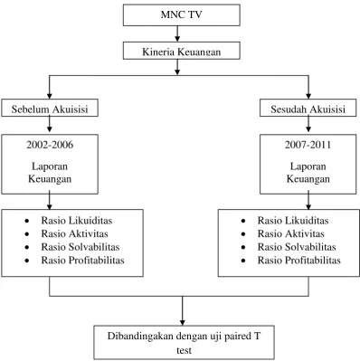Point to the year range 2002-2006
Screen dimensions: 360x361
click(50, 145)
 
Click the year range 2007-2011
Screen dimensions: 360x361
click(308, 145)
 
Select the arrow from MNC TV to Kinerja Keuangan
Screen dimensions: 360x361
click(177, 33)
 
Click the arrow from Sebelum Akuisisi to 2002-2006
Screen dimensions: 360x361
click(50, 124)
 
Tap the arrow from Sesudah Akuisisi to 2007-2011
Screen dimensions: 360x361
click(308, 124)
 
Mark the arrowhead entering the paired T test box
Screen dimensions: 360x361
click(182, 322)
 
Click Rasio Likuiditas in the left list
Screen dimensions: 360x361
click(77, 221)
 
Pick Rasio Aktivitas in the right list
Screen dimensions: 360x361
click(291, 233)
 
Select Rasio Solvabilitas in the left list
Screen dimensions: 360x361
click(81, 247)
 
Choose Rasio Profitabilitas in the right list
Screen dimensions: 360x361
click(299, 261)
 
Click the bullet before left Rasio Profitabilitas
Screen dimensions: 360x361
click(27, 261)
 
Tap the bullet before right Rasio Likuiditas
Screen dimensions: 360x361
click(243, 221)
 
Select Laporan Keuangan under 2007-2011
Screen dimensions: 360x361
click(308, 173)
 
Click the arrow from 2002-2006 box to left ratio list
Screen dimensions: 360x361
click(50, 200)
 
